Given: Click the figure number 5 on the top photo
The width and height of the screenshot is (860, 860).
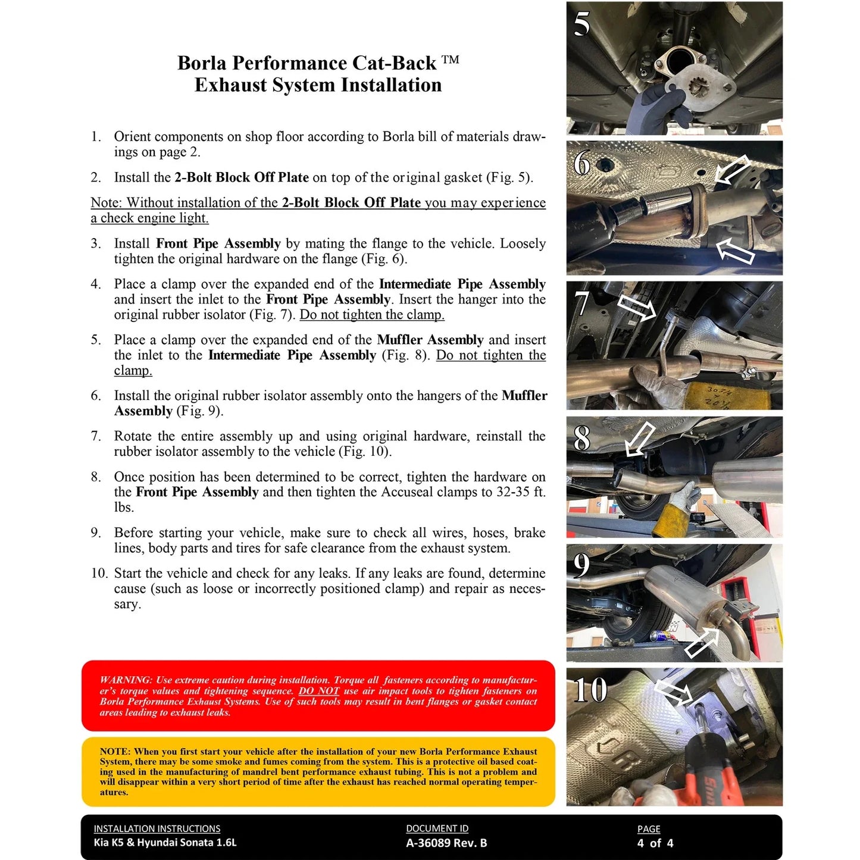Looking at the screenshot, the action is [x=582, y=24].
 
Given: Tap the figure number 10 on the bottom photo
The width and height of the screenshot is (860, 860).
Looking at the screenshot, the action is [x=590, y=690].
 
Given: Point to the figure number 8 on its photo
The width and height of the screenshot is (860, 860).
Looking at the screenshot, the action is [x=582, y=438].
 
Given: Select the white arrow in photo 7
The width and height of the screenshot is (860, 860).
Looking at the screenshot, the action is [x=636, y=307].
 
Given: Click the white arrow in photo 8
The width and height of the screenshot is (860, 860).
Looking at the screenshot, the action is [x=640, y=440].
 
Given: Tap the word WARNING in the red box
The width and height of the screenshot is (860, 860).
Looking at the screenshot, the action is [x=126, y=680].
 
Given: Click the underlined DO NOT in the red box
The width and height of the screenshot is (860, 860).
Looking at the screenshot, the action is [x=318, y=690].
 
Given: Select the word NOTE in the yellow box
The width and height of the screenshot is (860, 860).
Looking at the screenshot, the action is [x=114, y=752].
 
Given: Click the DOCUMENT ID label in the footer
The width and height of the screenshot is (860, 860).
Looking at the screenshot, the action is [x=437, y=828].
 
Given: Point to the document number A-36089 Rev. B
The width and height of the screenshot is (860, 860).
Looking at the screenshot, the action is [x=446, y=843].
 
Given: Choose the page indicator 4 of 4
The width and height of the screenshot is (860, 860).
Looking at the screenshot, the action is [x=655, y=843].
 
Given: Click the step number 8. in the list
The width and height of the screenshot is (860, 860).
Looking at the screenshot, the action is [x=96, y=477].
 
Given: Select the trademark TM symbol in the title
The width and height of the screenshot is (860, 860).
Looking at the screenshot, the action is [x=451, y=60].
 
